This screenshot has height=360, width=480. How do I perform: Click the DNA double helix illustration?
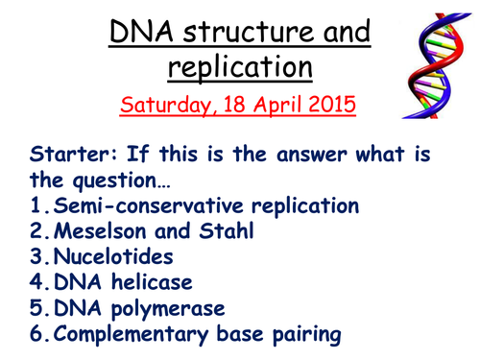pos(437,65)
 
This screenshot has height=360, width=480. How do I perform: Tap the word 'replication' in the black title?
pos(240,67)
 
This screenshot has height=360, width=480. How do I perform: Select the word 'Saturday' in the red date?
pos(165,105)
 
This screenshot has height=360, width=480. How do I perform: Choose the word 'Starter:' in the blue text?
pos(74,154)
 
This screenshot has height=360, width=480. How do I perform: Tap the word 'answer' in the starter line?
pos(312,155)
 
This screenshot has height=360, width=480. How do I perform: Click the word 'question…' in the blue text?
pos(122,181)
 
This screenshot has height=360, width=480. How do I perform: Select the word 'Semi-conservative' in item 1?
pos(149,205)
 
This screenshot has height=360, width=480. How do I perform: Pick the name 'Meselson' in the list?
pos(100,230)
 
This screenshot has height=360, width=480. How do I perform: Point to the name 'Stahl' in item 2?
pos(227,230)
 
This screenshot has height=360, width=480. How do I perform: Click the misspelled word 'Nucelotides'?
pos(113,256)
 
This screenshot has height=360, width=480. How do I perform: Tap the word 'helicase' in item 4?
pos(152,282)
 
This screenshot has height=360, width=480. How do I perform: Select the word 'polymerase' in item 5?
pos(168,309)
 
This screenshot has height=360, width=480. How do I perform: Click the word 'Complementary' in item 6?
pos(131,334)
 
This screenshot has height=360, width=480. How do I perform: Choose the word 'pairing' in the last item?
pos(307,335)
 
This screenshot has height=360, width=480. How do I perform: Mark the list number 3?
pos(36,256)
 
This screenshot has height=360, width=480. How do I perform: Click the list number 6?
pos(36,333)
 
